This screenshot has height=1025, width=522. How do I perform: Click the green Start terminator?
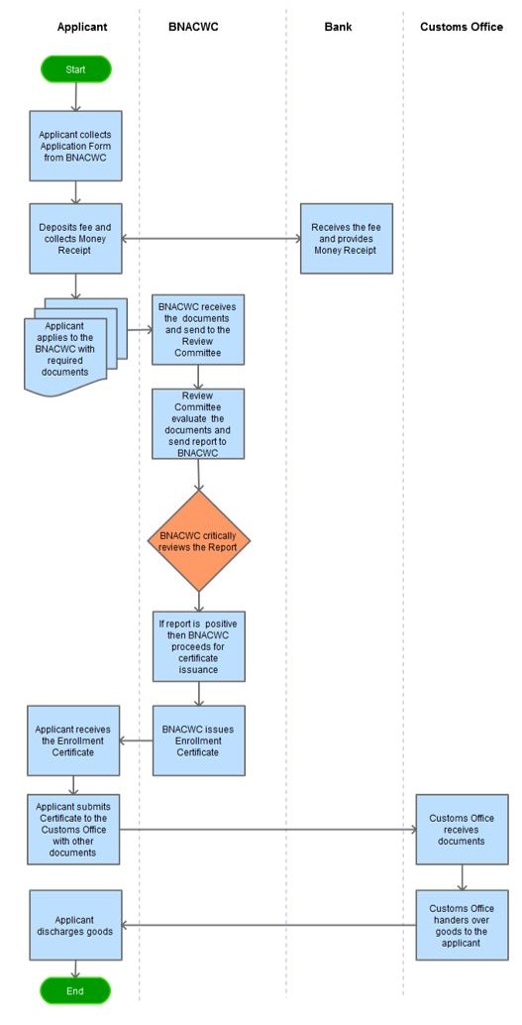click(76, 68)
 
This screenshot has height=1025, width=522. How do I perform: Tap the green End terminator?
click(75, 990)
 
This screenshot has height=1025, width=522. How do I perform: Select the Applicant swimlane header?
click(82, 27)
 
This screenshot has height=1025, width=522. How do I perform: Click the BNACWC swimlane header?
click(193, 27)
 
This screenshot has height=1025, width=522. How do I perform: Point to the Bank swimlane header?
click(338, 27)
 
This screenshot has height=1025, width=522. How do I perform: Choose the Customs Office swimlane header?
click(462, 27)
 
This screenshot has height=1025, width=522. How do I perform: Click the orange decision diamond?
click(199, 541)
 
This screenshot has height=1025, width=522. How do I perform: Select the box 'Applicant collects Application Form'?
click(76, 146)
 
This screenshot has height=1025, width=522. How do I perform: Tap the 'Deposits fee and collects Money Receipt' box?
click(76, 239)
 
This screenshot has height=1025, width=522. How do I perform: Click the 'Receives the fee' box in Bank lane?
click(347, 239)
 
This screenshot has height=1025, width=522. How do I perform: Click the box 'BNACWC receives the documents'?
click(199, 329)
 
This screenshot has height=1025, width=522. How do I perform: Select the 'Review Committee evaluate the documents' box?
click(199, 423)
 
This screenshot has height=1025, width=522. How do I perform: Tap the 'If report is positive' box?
click(199, 646)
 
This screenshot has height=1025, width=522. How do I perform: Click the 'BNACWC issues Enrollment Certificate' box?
click(199, 740)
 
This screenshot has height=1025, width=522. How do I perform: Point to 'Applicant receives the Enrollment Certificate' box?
click(73, 740)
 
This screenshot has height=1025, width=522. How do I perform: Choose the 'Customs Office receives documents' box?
click(463, 830)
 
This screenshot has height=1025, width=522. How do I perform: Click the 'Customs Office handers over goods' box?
click(463, 925)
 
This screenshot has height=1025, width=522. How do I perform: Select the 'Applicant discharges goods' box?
click(76, 925)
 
